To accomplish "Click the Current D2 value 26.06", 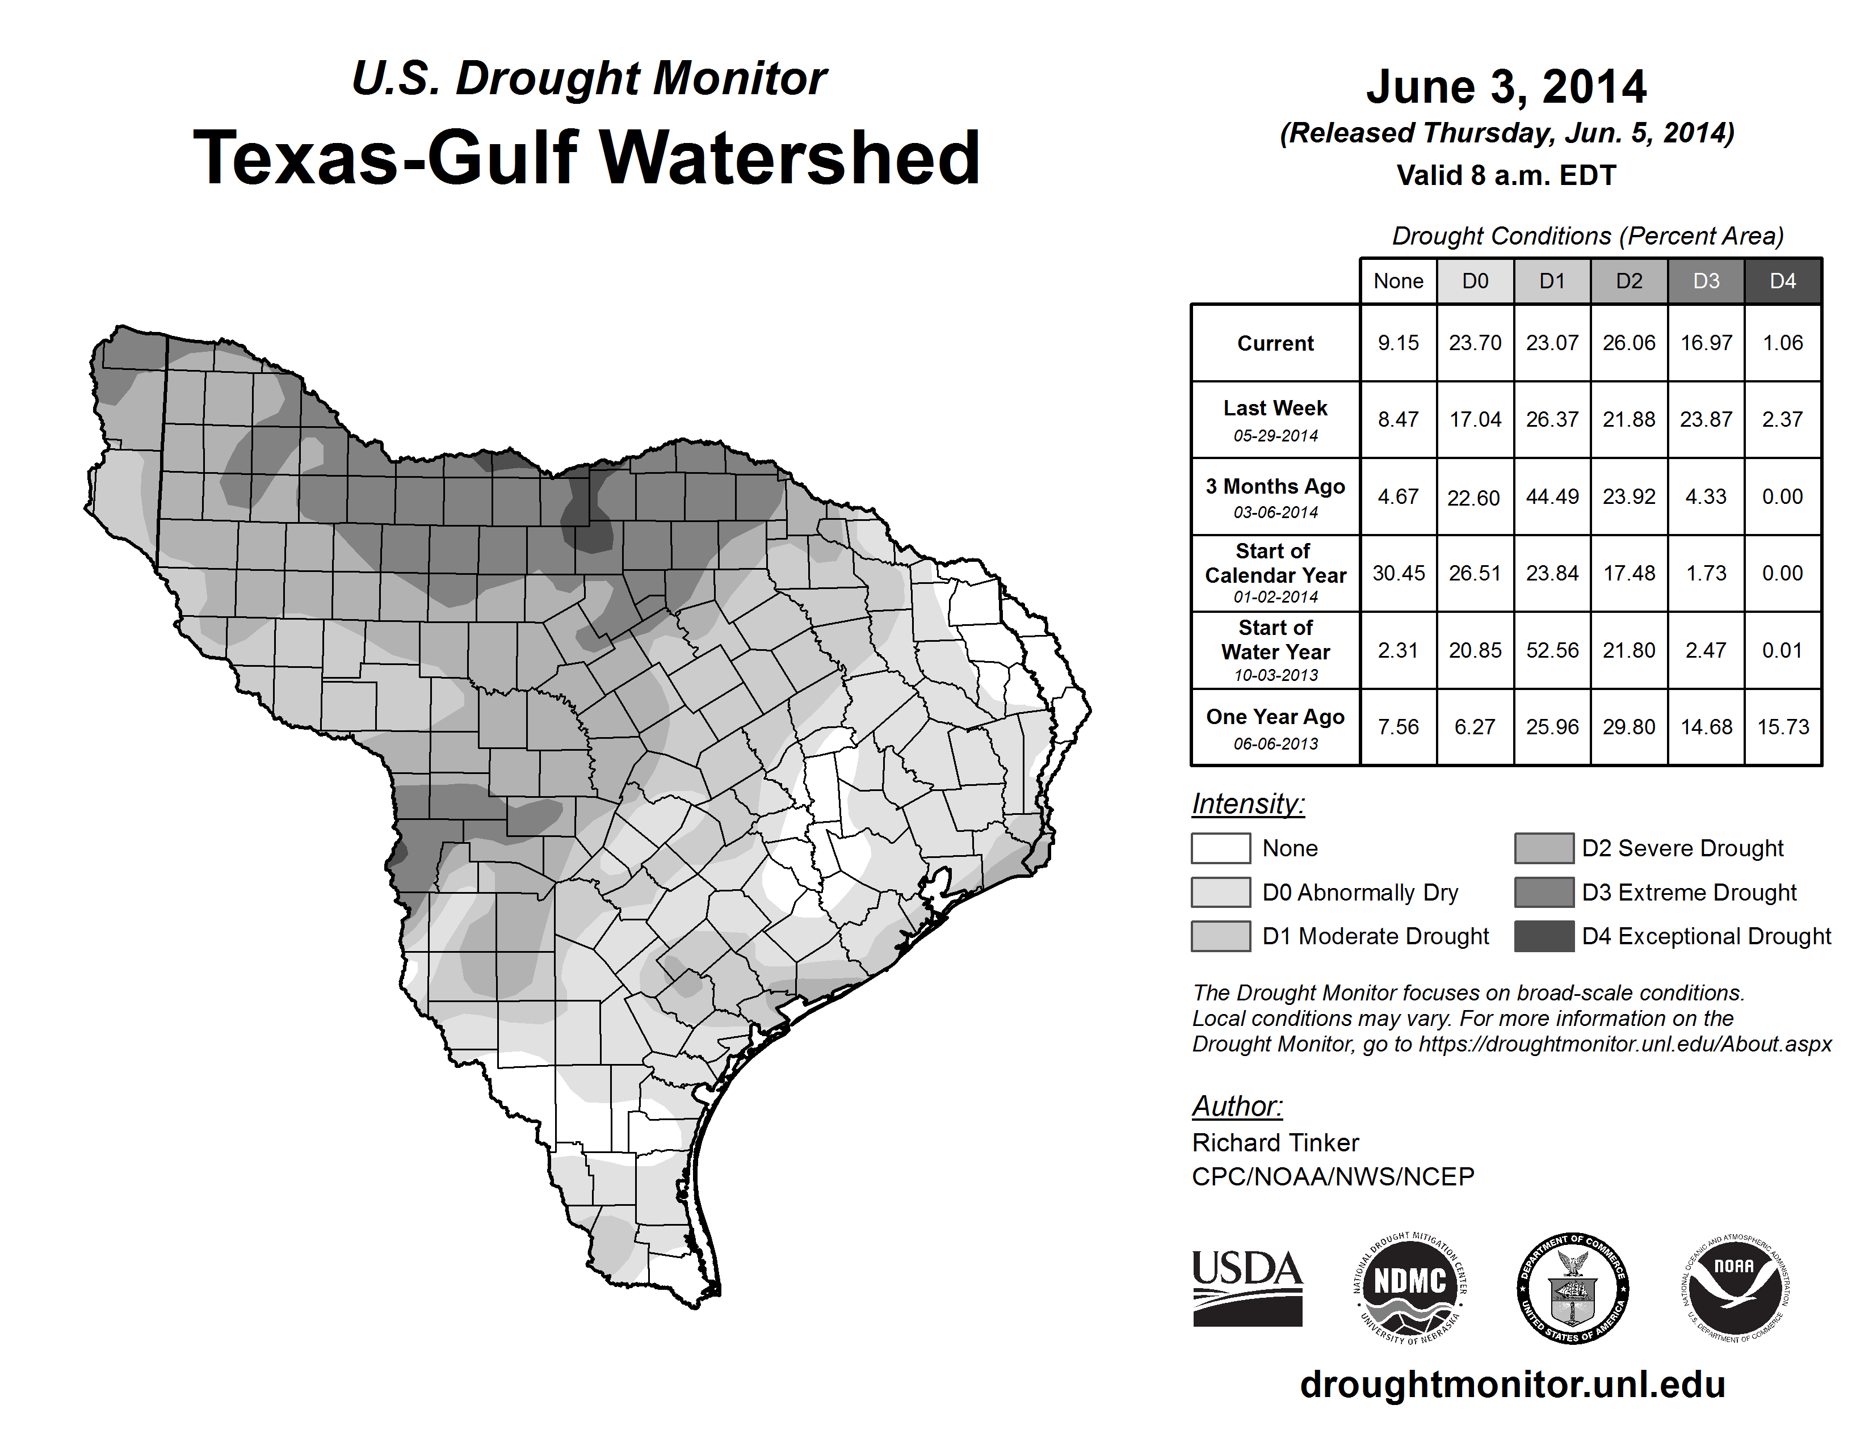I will tap(1628, 343).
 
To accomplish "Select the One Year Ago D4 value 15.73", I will tap(1783, 727).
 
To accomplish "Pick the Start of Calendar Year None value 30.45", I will tap(1398, 573).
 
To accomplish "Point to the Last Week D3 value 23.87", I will tap(1706, 419).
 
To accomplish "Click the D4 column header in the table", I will tap(1783, 281).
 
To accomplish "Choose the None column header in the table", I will tap(1398, 281).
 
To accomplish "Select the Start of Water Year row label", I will tap(1275, 640).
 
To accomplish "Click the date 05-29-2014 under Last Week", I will tap(1275, 435).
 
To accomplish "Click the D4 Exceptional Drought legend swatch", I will tap(1544, 936).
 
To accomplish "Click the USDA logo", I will tap(1247, 1288).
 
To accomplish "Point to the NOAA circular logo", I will tap(1735, 1288).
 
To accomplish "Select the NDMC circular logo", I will tap(1410, 1288).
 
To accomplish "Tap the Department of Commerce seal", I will tap(1573, 1288).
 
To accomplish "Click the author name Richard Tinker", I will tap(1275, 1143).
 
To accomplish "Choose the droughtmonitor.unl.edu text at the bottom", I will tap(1512, 1385).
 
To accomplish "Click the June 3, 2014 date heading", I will tap(1506, 87).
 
